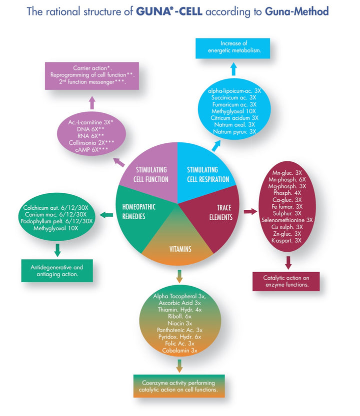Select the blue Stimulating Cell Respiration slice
tap(202, 167)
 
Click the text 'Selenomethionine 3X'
tap(287, 219)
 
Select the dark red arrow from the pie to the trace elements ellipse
tap(249, 213)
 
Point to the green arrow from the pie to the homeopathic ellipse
tap(106, 215)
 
